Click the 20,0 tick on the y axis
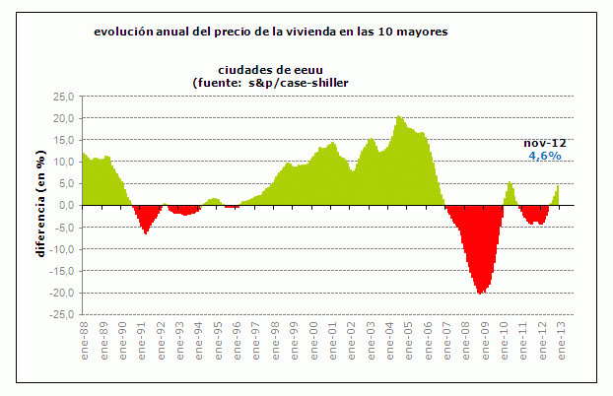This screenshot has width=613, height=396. pos(64,118)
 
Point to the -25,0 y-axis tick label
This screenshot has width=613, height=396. pos(62,315)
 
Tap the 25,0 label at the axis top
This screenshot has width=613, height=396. pos(64,97)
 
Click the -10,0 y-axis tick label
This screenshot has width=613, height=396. pos(62,249)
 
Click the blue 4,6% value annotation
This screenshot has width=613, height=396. pos(545,156)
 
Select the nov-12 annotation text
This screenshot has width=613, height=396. pos(544,143)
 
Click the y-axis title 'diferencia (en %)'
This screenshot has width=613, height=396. pos(40,206)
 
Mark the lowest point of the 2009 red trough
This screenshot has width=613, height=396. pos(480,294)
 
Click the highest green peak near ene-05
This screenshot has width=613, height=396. pos(398,116)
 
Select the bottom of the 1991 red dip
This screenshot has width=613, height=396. pos(146,233)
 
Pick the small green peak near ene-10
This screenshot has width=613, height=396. pos(510,181)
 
